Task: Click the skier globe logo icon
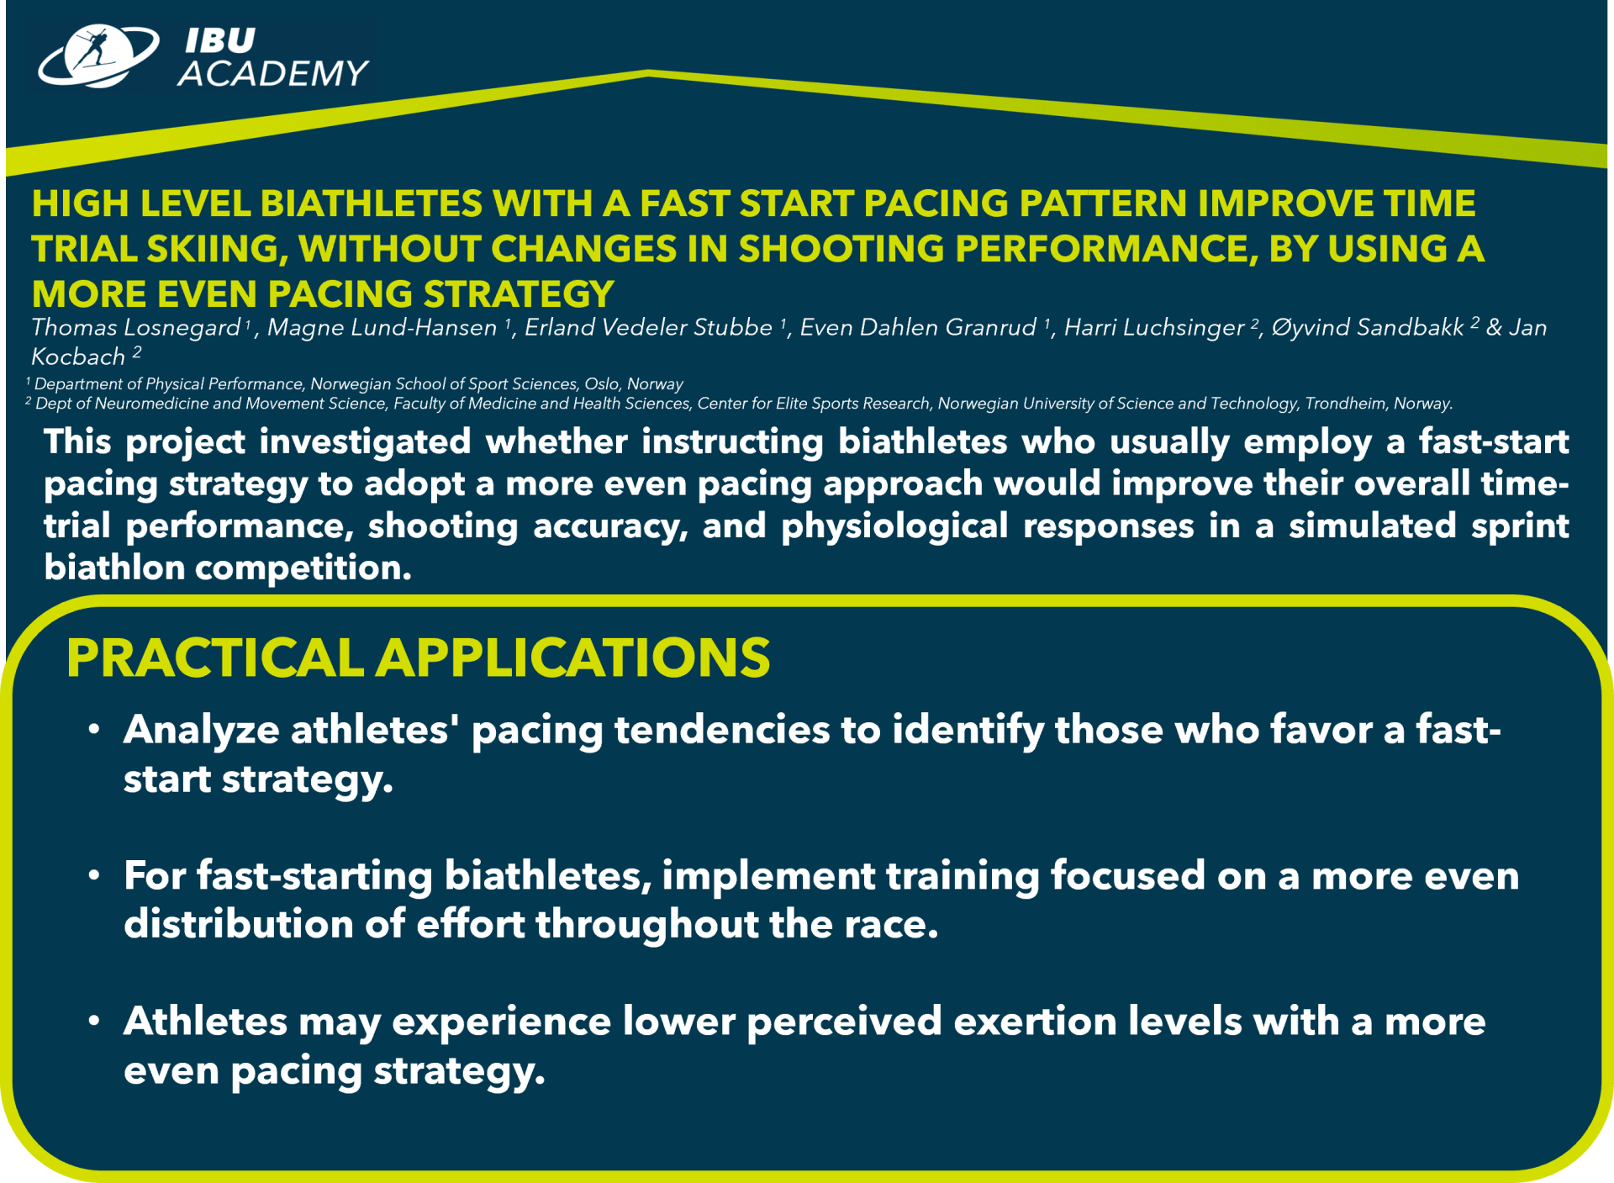98,56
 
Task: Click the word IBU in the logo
220,40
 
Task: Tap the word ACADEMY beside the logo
273,74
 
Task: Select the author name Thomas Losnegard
136,328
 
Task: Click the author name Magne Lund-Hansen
382,327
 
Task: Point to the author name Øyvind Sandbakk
1368,328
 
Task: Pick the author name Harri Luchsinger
1154,328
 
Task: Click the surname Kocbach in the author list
78,356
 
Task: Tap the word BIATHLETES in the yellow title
370,203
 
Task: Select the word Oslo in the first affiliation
602,384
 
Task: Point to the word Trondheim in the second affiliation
1345,404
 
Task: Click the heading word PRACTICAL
215,658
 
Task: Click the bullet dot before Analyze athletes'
95,729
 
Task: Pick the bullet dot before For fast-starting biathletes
95,875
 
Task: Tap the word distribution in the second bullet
239,924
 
